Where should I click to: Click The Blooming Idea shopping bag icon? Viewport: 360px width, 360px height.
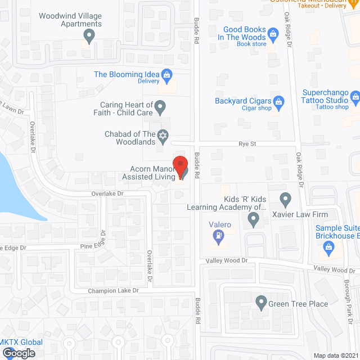point(166,74)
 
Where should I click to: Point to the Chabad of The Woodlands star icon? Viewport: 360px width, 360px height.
point(163,136)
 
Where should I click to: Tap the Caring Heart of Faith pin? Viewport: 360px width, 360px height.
point(160,105)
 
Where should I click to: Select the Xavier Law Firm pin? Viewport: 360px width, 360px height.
point(285,198)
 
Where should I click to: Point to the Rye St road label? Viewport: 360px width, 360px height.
point(247,145)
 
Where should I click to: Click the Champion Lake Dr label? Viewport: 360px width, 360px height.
point(112,291)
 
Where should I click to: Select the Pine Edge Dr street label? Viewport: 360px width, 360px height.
point(78,246)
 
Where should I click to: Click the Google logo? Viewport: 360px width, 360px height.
point(18,353)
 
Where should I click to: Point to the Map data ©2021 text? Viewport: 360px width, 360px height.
point(336,355)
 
